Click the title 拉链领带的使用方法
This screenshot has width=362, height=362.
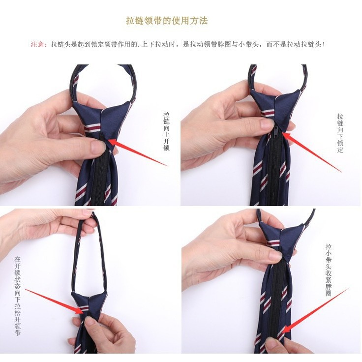coord(167,21)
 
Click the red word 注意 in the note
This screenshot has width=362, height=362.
coord(38,44)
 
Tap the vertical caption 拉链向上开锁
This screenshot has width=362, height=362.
coord(167,131)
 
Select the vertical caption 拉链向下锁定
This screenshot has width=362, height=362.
coord(340,133)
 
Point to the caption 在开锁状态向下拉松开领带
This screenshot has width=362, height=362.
coord(18,296)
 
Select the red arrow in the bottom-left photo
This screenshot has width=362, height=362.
coord(52,300)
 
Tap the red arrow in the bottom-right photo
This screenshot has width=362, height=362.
coord(315,310)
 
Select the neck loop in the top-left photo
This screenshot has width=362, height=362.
coord(103,79)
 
